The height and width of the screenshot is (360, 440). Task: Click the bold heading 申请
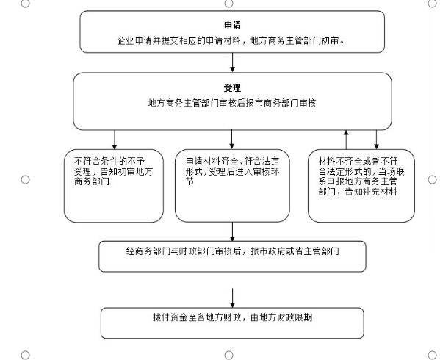tap(232, 25)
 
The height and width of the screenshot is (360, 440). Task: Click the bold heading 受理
tap(232, 88)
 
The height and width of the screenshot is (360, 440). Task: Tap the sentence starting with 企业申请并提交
tap(231, 41)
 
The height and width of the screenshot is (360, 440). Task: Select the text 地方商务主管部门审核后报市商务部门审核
tap(232, 103)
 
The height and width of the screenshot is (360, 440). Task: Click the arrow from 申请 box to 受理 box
tap(232, 62)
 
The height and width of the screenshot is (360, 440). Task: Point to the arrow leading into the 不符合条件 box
tap(114, 140)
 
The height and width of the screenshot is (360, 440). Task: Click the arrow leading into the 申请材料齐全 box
tap(231, 139)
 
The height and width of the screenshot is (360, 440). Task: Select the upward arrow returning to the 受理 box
tap(346, 140)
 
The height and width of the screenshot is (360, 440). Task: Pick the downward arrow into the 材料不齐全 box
tap(377, 140)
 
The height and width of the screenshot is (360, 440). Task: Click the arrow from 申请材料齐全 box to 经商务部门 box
tap(232, 231)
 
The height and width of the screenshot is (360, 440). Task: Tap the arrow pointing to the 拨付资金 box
tap(232, 298)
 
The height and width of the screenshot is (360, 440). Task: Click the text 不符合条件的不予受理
tap(109, 166)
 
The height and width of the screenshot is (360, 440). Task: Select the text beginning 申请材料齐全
tap(232, 171)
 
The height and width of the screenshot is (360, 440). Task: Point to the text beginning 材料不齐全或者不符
tap(361, 176)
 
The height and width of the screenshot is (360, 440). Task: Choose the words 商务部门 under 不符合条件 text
tap(92, 181)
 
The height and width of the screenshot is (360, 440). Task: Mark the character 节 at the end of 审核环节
tap(190, 181)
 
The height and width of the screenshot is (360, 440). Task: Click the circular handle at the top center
tap(228, 4)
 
